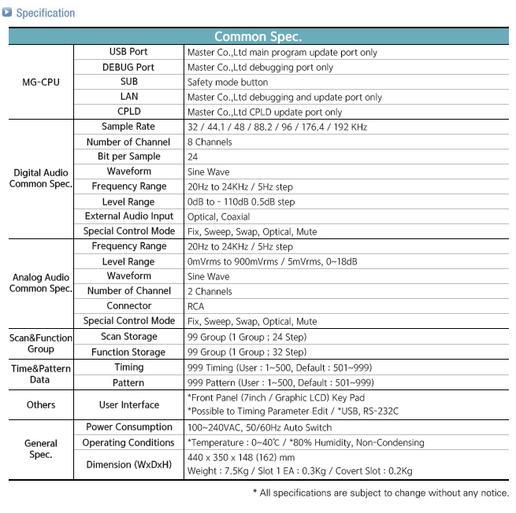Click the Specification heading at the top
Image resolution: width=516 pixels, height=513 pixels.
pos(45,13)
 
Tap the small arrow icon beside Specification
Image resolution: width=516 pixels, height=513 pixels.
pos(8,13)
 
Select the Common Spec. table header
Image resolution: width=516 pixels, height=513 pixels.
pos(258,36)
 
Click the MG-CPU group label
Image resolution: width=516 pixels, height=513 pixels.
pos(40,82)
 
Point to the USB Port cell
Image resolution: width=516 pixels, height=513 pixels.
pos(128,52)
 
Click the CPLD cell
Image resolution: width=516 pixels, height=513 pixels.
pos(128,112)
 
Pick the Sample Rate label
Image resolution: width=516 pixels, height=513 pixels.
pos(128,127)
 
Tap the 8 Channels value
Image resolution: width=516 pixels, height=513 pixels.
pos(210,142)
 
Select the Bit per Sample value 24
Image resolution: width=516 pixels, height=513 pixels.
pos(193,157)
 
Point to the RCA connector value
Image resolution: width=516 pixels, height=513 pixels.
pos(196,306)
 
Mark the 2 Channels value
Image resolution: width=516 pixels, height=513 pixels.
pos(210,291)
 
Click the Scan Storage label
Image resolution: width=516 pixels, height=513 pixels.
pos(128,336)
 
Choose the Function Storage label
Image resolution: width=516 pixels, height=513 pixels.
pos(128,352)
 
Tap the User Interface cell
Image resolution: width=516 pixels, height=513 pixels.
pos(128,404)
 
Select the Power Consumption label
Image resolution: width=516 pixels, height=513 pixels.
pos(128,427)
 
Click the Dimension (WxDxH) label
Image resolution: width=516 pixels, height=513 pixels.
pos(128,464)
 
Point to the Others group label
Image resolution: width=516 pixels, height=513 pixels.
pos(40,404)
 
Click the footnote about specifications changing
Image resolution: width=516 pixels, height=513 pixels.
pos(381,493)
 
